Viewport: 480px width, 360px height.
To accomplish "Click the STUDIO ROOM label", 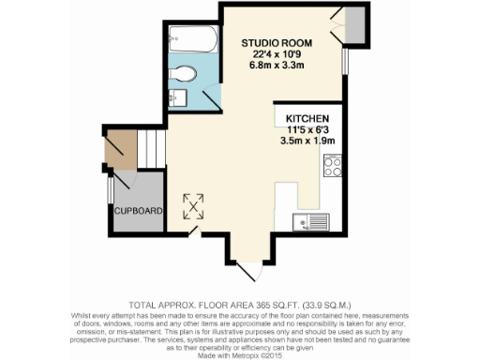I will [275, 43].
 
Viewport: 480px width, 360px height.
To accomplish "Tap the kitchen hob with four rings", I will [332, 165].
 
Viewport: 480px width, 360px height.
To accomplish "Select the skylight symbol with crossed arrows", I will [194, 203].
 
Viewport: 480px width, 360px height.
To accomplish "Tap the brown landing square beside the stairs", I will [119, 147].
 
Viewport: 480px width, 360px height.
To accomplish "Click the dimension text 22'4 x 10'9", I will [275, 54].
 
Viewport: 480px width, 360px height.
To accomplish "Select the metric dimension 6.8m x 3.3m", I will [275, 66].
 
